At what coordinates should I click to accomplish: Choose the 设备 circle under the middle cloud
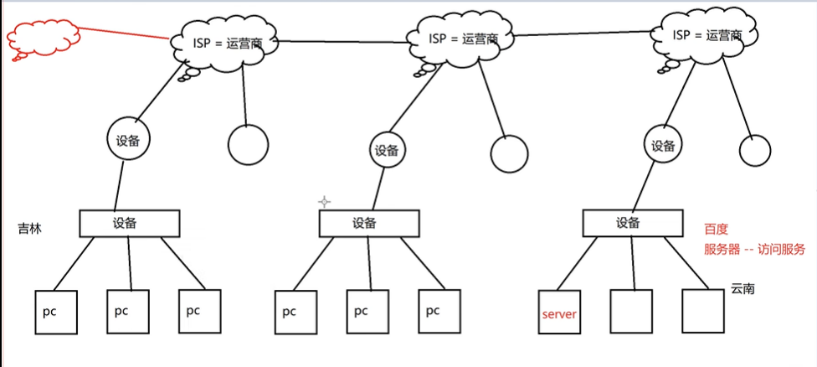pyautogui.click(x=386, y=151)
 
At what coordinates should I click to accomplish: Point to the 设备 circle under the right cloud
pyautogui.click(x=664, y=146)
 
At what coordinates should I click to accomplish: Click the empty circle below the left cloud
pyautogui.click(x=249, y=145)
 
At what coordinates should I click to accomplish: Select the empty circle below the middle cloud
pyautogui.click(x=509, y=154)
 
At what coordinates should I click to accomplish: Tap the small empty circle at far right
pyautogui.click(x=754, y=150)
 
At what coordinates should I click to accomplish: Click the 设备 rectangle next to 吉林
pyautogui.click(x=130, y=223)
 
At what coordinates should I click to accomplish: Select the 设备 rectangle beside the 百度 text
pyautogui.click(x=628, y=223)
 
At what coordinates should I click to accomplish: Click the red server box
pyautogui.click(x=559, y=312)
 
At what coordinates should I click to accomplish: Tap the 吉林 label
pyautogui.click(x=30, y=228)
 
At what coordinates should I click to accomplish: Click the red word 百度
pyautogui.click(x=716, y=229)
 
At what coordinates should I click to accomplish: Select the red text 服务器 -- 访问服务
pyautogui.click(x=754, y=249)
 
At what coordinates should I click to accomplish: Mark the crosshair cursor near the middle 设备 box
pyautogui.click(x=325, y=202)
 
